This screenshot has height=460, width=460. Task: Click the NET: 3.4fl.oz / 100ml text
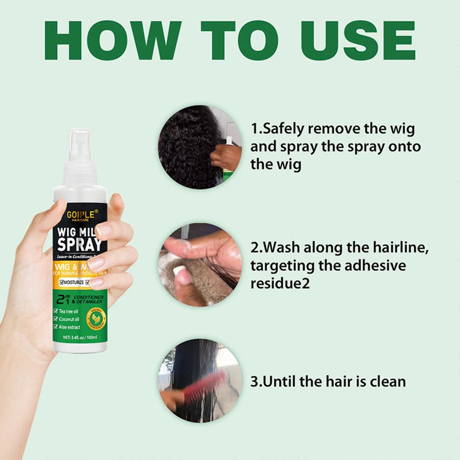click(x=80, y=338)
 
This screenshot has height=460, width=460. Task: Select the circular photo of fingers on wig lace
click(x=199, y=264)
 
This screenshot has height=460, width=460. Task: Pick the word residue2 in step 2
click(x=280, y=283)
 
